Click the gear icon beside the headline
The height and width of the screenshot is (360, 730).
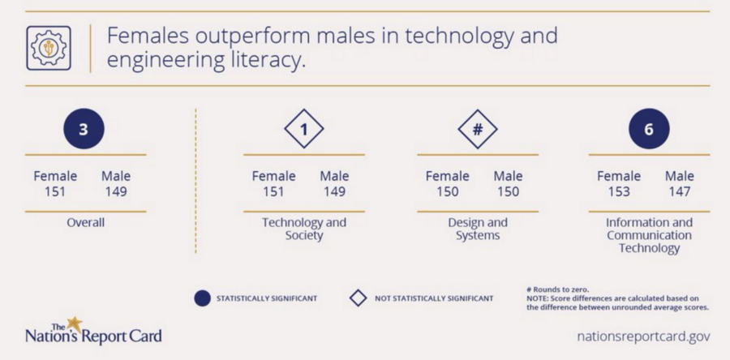click(x=49, y=48)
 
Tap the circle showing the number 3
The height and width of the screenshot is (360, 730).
click(x=84, y=129)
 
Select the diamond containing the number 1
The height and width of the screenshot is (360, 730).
click(x=304, y=129)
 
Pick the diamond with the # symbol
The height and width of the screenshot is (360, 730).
click(x=478, y=129)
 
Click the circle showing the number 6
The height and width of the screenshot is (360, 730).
click(x=649, y=129)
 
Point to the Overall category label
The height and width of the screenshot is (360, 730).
click(x=86, y=222)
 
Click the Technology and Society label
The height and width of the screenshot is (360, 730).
click(x=304, y=229)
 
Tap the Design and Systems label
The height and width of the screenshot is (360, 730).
click(x=478, y=229)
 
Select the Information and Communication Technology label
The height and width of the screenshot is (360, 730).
click(x=649, y=235)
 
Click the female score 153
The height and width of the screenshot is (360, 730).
click(x=619, y=191)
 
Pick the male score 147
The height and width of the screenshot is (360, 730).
click(x=679, y=191)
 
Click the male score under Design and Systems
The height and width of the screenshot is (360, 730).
click(x=508, y=191)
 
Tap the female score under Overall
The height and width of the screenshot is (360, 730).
click(x=55, y=191)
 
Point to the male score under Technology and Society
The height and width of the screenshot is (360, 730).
click(x=334, y=191)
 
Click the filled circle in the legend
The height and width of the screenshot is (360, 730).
click(x=202, y=298)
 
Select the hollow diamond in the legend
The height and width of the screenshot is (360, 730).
click(x=358, y=298)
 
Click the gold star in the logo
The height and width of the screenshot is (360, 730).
click(x=74, y=324)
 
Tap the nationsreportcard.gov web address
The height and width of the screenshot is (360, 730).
click(x=643, y=336)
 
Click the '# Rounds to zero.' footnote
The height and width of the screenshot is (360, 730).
click(x=558, y=289)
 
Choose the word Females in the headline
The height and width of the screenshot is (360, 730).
click(x=148, y=36)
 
